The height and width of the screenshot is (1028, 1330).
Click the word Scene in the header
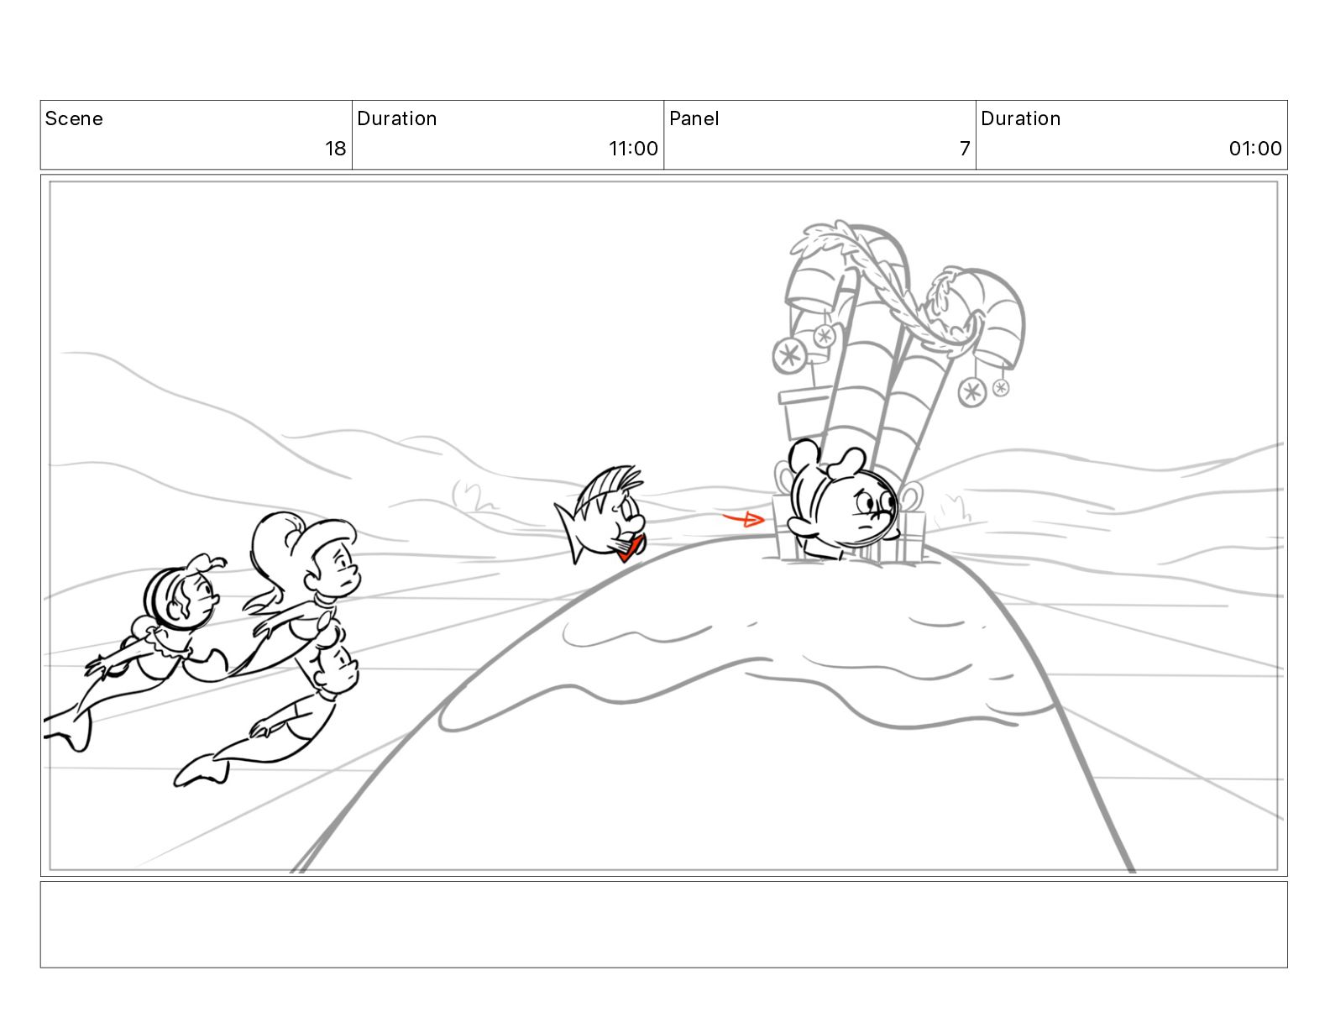(x=73, y=118)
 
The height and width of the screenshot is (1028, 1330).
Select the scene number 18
(x=335, y=149)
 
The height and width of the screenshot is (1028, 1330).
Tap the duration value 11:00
(x=633, y=149)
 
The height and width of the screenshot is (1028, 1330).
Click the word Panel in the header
(x=694, y=118)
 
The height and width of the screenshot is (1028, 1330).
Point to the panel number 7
(x=965, y=149)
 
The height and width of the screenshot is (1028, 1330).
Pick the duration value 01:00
(x=1254, y=149)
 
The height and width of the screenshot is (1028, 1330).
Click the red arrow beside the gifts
(x=743, y=519)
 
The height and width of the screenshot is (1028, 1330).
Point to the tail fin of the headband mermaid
(x=71, y=730)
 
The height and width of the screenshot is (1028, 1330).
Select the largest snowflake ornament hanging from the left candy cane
(x=789, y=354)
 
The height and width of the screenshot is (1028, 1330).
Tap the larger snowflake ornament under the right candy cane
(x=972, y=392)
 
